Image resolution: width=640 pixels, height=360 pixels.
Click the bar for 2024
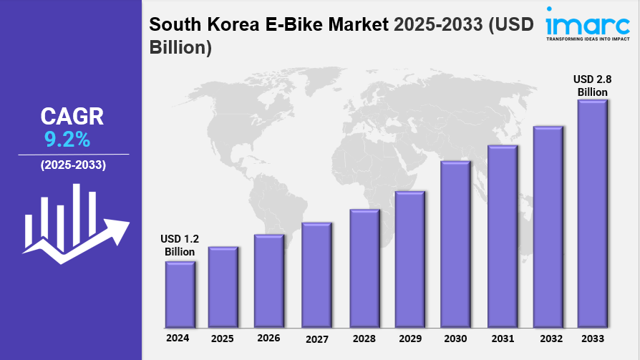tap(180, 293)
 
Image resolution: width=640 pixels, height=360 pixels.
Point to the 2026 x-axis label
tap(268, 337)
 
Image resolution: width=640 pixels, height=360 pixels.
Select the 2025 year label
tap(223, 337)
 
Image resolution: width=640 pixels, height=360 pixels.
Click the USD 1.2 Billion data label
tap(180, 245)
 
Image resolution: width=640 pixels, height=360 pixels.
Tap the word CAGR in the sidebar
tap(72, 116)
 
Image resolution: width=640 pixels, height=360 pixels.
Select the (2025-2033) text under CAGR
tap(73, 165)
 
